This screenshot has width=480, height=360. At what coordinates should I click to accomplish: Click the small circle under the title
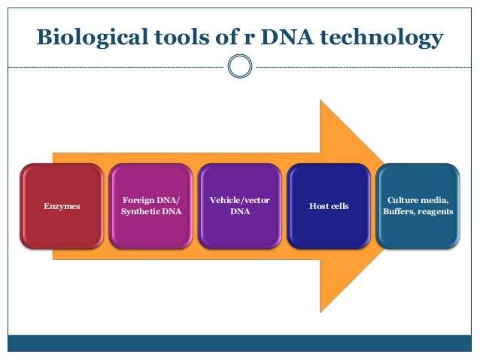coord(240,67)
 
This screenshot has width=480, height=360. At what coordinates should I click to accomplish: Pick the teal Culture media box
coord(418,230)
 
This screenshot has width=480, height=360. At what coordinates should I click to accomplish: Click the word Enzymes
coord(62,206)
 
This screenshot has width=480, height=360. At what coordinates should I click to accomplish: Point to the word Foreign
coord(138,201)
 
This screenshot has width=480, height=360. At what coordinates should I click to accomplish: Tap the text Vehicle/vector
coord(240,201)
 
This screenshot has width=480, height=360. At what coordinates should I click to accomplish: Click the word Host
coord(318,206)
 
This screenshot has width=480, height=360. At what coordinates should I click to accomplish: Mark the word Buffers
coord(398,211)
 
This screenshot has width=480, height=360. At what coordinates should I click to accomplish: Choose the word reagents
coord(436,211)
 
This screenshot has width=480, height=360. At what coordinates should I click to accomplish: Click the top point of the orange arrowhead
coord(321,101)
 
